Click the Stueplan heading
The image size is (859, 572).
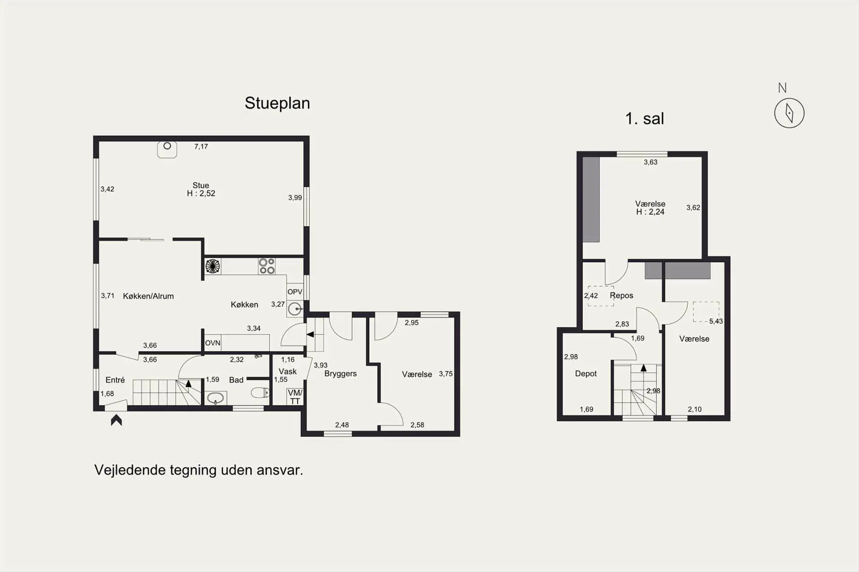pos(277,103)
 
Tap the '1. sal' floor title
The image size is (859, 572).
pos(644,119)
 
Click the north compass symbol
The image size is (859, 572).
pos(789,113)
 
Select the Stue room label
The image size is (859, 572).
pos(201,185)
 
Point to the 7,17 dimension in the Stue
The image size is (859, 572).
pos(201,146)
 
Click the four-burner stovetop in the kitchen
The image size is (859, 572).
pos(267,266)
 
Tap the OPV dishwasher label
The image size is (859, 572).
pos(295,292)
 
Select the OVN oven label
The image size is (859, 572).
pos(213,343)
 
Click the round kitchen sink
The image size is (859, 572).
pos(295,309)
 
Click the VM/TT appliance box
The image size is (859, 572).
pos(295,397)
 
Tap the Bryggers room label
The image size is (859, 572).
pos(340,374)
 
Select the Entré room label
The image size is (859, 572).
pos(115,380)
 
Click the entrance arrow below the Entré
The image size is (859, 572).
pos(116,420)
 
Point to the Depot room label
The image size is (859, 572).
pos(586,373)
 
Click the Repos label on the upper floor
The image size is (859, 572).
pos(621,296)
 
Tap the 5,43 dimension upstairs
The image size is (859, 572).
pos(716,321)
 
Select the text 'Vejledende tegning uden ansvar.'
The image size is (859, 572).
pos(199,470)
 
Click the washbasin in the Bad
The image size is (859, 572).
pos(216,398)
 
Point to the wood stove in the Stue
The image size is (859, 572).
pos(167,149)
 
